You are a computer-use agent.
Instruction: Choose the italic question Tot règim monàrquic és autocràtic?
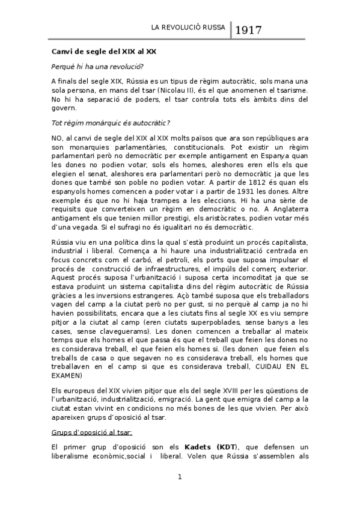point(110,123)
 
